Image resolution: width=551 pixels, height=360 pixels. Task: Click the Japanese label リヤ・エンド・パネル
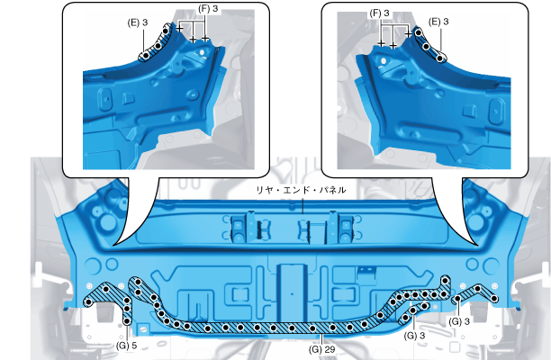[x=301, y=190]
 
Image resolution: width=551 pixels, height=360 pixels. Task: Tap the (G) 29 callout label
[x=322, y=349]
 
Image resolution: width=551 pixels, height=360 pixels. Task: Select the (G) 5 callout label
[x=127, y=346]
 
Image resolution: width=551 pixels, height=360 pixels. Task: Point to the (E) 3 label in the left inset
[x=138, y=22]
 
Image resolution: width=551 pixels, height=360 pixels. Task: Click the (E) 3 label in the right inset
[x=438, y=22]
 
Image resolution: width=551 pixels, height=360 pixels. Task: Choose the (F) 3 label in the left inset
[x=208, y=9]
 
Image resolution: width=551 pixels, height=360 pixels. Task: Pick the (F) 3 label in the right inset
[x=380, y=13]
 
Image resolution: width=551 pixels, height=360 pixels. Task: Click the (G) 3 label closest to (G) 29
[x=415, y=336]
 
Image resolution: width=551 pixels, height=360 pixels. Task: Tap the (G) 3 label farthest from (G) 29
[x=459, y=321]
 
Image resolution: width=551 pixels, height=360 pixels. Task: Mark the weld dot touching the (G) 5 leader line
[x=127, y=321]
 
